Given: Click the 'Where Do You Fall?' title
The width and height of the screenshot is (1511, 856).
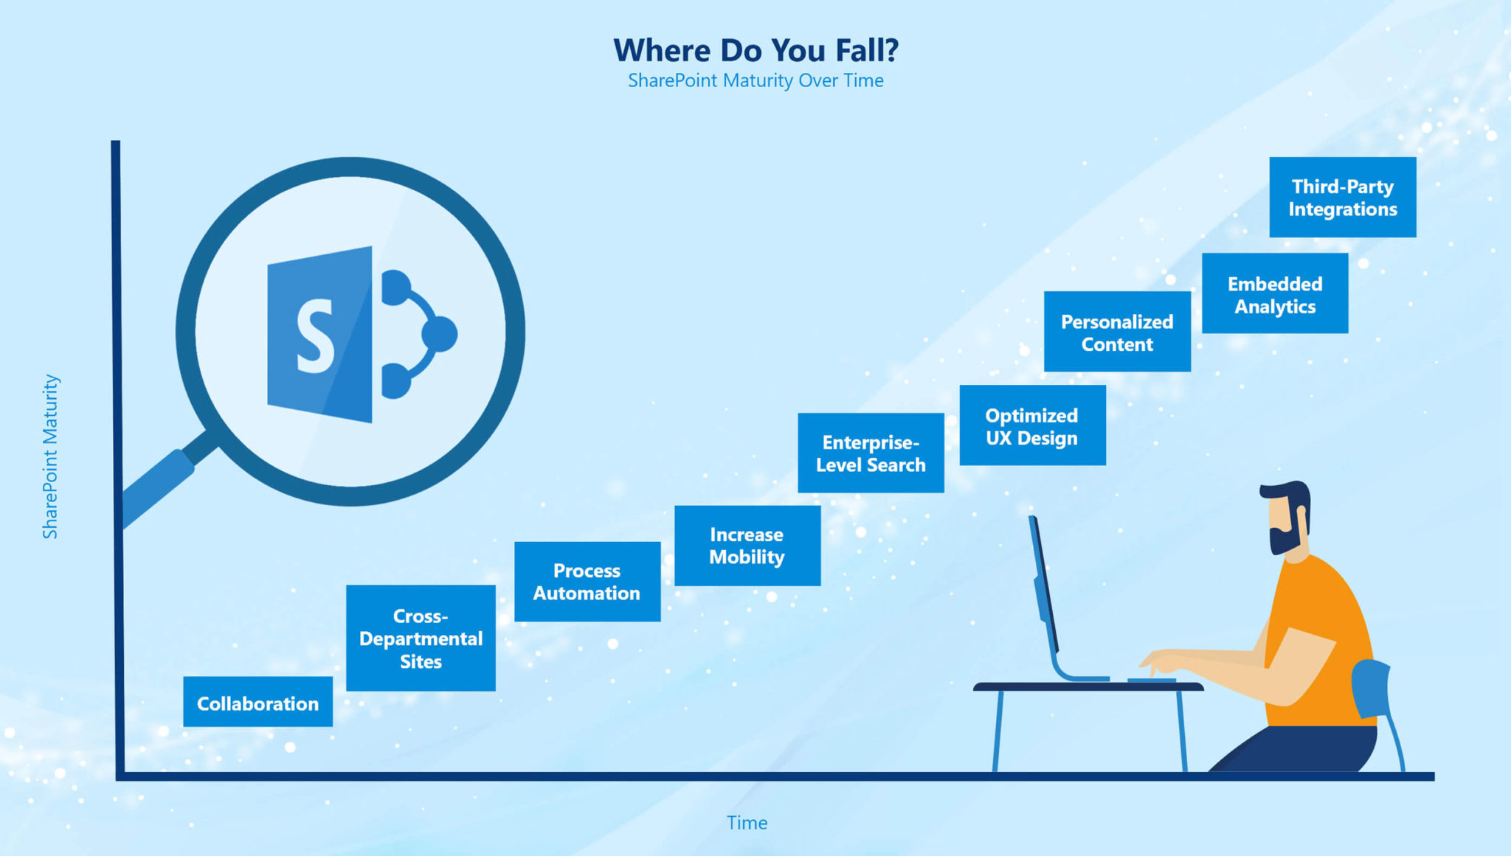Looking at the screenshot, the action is tap(756, 50).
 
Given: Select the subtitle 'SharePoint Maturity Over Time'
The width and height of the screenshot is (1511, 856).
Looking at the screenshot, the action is tap(755, 80).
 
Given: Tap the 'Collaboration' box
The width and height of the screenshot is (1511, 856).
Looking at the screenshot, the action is tap(257, 702).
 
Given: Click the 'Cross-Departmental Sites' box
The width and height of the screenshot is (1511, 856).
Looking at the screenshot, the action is tap(421, 638).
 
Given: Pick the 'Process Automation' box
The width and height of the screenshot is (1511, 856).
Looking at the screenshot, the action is tap(587, 582).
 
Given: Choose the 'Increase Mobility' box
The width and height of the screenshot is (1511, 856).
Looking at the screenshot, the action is tap(747, 546).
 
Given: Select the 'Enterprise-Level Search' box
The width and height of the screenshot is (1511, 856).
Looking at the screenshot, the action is tap(871, 453).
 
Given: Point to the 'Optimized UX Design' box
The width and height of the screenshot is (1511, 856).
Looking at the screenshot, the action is tap(1032, 425).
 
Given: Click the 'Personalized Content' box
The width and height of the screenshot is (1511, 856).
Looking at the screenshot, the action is tap(1117, 332).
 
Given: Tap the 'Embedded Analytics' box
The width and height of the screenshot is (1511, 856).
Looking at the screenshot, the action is tap(1275, 293).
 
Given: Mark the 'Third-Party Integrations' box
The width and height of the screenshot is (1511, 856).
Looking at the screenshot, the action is tap(1343, 197).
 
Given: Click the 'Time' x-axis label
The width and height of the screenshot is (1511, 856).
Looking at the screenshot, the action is tap(747, 823).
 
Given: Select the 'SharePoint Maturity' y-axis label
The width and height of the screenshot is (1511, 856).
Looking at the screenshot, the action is tap(50, 456).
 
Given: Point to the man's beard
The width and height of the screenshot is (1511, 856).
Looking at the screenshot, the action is tap(1284, 534).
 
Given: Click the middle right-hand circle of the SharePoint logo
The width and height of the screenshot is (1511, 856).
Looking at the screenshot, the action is tap(440, 334).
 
